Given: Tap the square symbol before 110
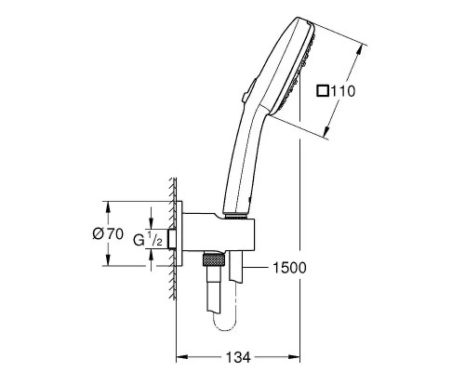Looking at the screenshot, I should [323, 90].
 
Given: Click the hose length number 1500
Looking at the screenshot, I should [291, 267].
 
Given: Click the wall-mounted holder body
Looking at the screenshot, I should [215, 232].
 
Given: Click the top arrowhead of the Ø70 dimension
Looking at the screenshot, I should [111, 204].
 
